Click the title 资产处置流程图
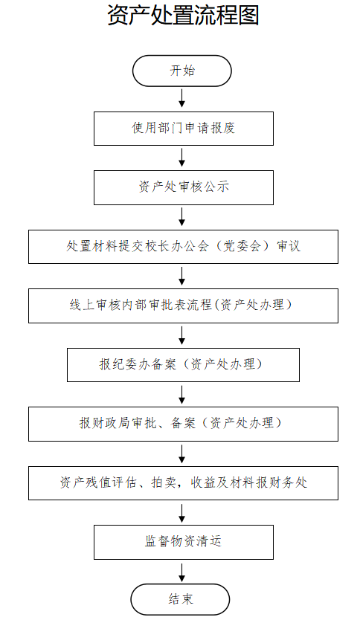point(183,16)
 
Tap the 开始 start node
point(182,71)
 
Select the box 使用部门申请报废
point(184,129)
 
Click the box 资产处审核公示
point(184,187)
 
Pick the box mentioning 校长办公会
point(183,247)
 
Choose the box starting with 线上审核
point(183,306)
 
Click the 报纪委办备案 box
point(183,365)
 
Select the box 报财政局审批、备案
point(183,424)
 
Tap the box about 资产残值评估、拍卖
point(183,483)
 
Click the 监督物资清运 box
point(184,542)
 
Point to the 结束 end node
point(181,600)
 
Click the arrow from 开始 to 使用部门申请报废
point(182,98)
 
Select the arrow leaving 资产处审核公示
point(182,217)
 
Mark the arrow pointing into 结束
point(182,572)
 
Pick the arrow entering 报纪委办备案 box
point(182,335)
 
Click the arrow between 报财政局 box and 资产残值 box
point(182,453)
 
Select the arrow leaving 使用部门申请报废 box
point(182,158)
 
